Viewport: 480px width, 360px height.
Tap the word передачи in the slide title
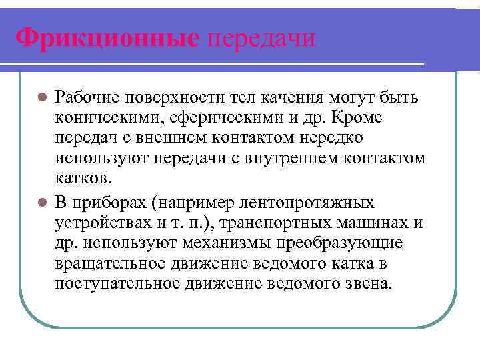tap(261, 37)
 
